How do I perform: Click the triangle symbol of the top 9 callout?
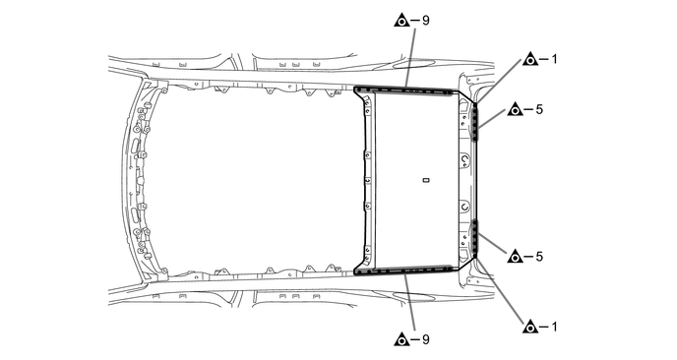click(400, 19)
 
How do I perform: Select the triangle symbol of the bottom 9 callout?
click(400, 340)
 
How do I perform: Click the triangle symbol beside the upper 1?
click(529, 59)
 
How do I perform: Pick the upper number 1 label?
click(554, 59)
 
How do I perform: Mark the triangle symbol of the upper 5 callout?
click(514, 109)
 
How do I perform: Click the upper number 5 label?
click(539, 109)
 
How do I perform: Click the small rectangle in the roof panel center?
click(425, 180)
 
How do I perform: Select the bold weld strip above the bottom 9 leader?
click(408, 269)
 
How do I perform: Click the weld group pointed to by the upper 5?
click(474, 123)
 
